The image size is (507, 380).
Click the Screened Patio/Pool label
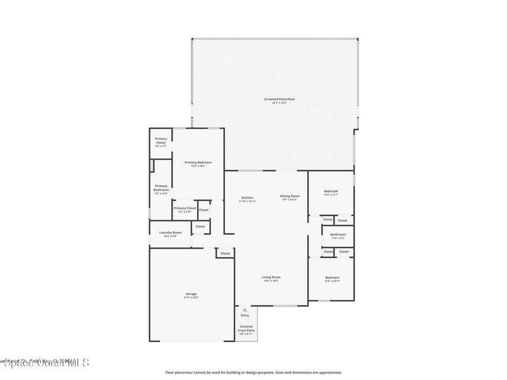(x=279, y=99)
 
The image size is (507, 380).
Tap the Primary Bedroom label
(x=198, y=163)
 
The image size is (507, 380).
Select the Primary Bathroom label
(x=161, y=188)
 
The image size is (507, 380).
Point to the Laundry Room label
(x=170, y=233)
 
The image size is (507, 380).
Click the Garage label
(x=191, y=294)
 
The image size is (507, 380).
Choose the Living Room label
(x=271, y=277)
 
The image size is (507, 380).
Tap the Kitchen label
(x=248, y=198)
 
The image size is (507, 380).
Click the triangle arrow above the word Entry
(x=245, y=310)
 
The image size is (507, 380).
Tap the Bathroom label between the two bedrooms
(x=338, y=235)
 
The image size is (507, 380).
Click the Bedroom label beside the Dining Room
(x=331, y=191)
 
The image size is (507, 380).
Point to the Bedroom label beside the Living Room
(x=332, y=278)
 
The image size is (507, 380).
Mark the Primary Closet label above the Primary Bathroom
(x=161, y=141)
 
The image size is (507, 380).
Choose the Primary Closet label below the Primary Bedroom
(x=185, y=208)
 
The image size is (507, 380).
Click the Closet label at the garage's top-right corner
(x=225, y=253)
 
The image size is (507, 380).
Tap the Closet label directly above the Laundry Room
(x=200, y=226)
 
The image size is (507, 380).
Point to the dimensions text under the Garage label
(x=191, y=298)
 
